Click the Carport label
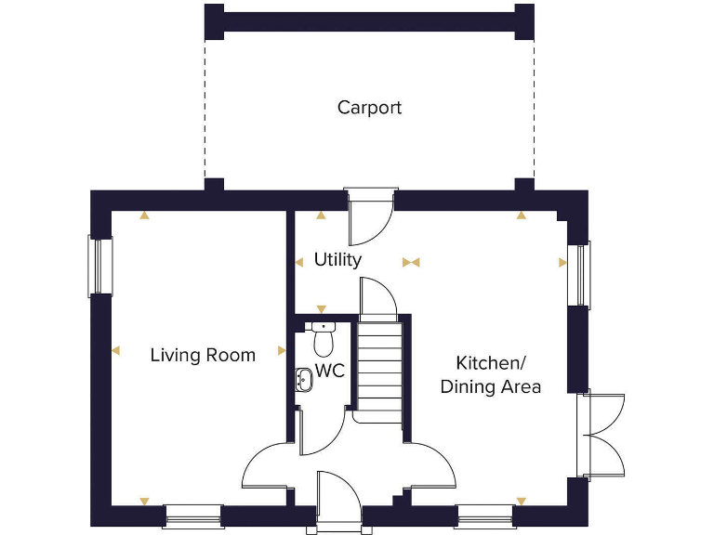click(x=369, y=108)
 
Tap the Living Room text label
click(x=203, y=355)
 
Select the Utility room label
click(x=337, y=260)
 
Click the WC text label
click(x=330, y=372)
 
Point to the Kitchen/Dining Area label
click(x=490, y=374)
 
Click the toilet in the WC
click(x=324, y=341)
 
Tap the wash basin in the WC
click(x=304, y=379)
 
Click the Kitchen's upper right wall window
click(x=580, y=275)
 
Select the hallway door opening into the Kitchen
click(x=430, y=464)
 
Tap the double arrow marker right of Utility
click(x=411, y=263)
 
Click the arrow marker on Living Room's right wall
click(x=282, y=351)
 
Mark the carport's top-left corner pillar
click(x=214, y=21)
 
